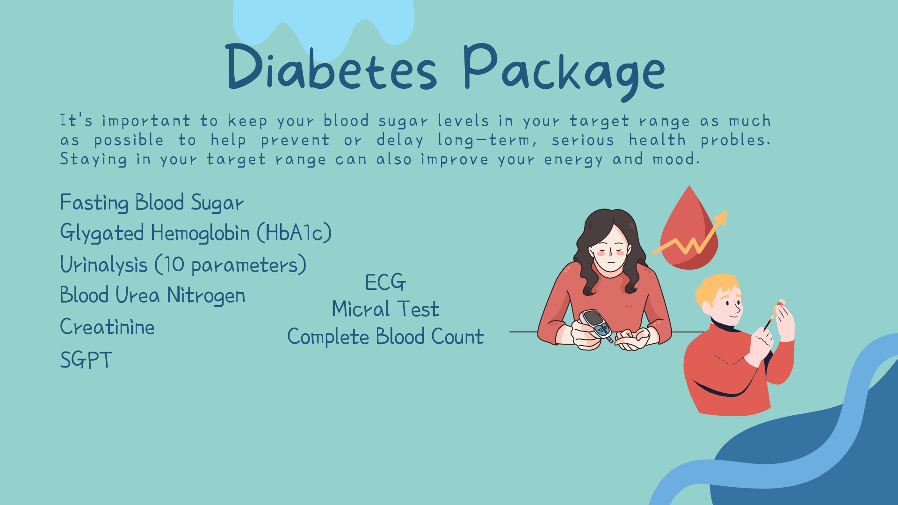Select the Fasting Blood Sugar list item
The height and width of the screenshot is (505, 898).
point(152,203)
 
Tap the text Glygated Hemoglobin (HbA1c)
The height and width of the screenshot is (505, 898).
point(196,233)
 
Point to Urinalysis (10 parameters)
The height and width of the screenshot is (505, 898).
point(183,265)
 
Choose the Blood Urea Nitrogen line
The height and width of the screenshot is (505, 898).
point(152,296)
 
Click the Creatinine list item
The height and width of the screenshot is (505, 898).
point(107,326)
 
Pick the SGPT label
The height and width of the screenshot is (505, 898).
point(86,360)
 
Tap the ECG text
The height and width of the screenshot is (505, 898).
point(385,282)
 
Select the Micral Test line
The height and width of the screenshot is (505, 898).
point(385,309)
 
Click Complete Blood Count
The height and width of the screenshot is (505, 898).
point(385,337)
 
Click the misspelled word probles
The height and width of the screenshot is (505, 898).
point(735,140)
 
